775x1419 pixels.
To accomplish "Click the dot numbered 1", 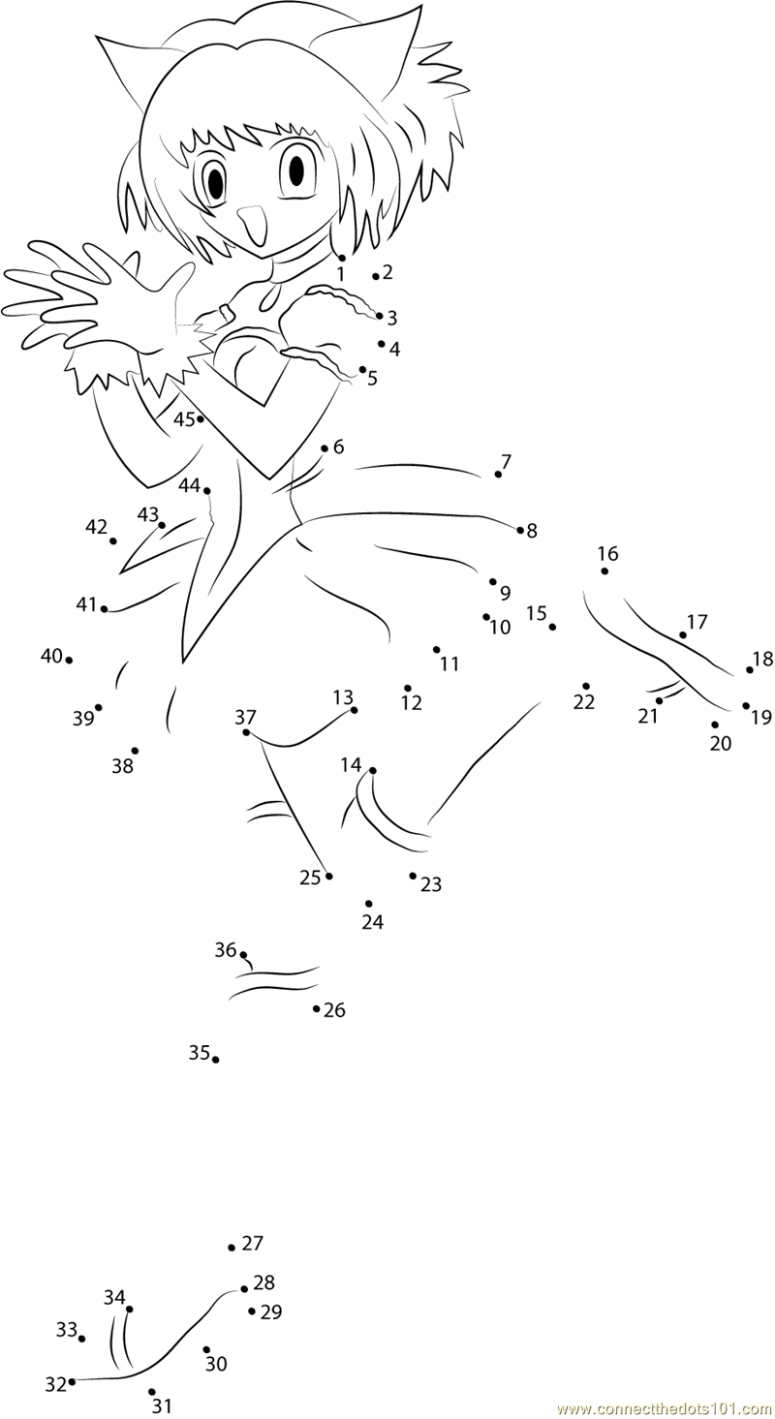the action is pyautogui.click(x=342, y=258).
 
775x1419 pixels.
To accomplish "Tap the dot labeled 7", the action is pyautogui.click(x=498, y=475).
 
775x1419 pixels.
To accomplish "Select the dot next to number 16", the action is pyautogui.click(x=604, y=571).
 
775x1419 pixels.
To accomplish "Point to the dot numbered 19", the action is pyautogui.click(x=746, y=706).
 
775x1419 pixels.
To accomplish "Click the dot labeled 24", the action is pyautogui.click(x=369, y=904).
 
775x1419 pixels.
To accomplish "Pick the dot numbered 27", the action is pyautogui.click(x=232, y=1248).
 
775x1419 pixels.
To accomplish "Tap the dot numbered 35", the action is pyautogui.click(x=215, y=1060).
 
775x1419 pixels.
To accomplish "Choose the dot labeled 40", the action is pyautogui.click(x=69, y=660).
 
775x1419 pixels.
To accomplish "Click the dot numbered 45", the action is pyautogui.click(x=201, y=418).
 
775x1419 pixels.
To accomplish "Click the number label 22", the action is pyautogui.click(x=583, y=702).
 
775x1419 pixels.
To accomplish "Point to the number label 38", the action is pyautogui.click(x=123, y=766).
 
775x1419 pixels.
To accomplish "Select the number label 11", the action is pyautogui.click(x=449, y=663).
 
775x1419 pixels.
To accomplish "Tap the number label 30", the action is pyautogui.click(x=216, y=1346).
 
